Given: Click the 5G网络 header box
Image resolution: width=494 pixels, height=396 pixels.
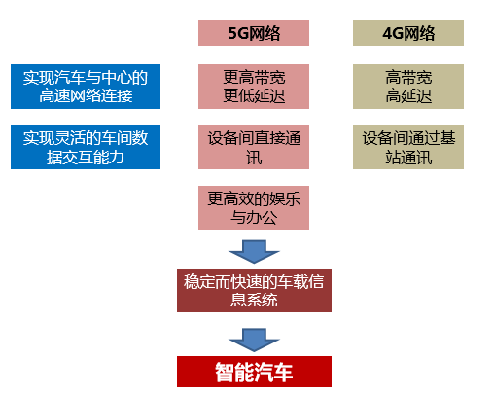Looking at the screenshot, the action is click(254, 33).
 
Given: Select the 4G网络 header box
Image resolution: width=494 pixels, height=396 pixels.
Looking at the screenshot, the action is click(408, 33).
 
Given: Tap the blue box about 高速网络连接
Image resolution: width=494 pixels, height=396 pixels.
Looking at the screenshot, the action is click(86, 87).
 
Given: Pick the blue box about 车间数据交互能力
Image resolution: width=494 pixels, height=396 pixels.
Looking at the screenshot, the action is click(86, 147).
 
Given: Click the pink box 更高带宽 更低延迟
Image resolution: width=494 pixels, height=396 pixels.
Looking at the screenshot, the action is click(254, 87).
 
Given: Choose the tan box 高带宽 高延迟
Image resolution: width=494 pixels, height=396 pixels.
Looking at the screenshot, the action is click(408, 87).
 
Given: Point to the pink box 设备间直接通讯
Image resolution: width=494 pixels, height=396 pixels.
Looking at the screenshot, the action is click(254, 147).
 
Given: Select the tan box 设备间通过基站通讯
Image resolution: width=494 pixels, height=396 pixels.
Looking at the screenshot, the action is click(408, 147).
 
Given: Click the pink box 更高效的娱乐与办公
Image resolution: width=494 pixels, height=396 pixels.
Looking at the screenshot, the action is click(254, 207).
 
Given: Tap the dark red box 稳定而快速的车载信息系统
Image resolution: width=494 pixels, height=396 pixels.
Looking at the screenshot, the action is click(254, 290).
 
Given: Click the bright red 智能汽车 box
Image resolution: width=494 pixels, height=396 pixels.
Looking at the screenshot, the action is click(254, 372).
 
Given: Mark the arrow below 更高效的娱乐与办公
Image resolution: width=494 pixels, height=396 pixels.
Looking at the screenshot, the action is click(254, 252).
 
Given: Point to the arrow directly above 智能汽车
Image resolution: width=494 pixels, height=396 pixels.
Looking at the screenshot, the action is click(254, 340).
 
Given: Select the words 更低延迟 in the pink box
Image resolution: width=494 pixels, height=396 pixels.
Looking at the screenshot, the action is click(254, 96).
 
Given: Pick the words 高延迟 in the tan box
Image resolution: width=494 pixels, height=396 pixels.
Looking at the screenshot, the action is click(408, 96).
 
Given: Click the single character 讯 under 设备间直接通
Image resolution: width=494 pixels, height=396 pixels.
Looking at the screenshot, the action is click(254, 158).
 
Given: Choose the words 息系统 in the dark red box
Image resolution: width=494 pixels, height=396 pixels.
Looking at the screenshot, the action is click(254, 300).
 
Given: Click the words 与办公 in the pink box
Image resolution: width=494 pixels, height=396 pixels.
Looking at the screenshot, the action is click(254, 217).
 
